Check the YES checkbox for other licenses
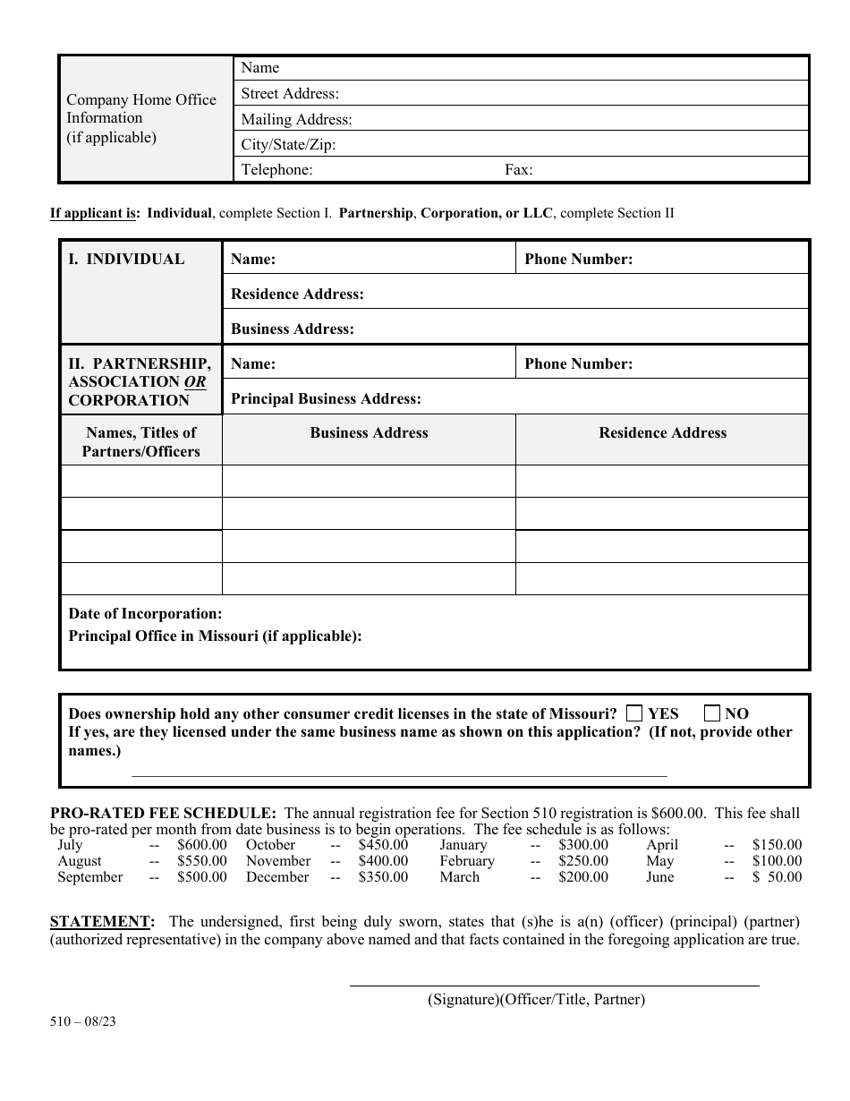click(634, 713)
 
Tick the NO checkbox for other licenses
click(712, 713)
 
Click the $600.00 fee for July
click(202, 845)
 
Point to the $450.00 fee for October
click(383, 845)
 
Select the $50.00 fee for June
click(778, 877)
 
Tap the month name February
click(467, 861)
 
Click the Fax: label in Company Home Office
click(519, 170)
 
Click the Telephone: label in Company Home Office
click(277, 170)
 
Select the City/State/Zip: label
click(289, 145)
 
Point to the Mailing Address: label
click(297, 120)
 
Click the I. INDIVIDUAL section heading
click(127, 260)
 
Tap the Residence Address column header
click(663, 433)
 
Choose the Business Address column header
click(370, 433)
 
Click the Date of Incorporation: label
click(146, 614)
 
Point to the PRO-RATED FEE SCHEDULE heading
click(164, 814)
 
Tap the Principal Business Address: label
click(326, 399)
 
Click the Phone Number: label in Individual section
click(579, 260)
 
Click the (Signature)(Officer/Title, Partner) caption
click(536, 1000)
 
